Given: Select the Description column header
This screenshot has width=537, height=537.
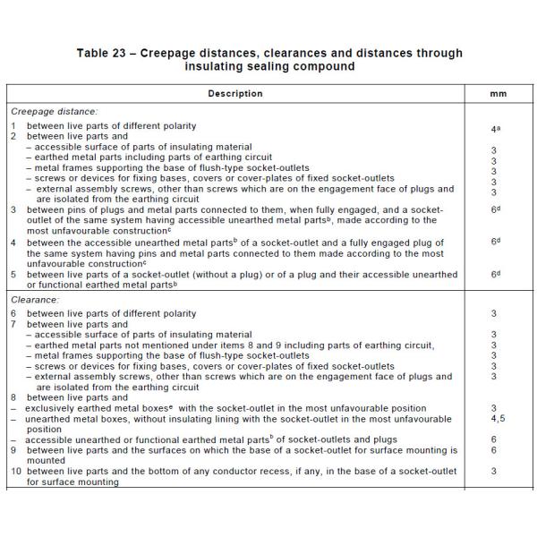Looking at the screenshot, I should pyautogui.click(x=235, y=93).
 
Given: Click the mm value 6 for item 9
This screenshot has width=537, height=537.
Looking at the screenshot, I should pyautogui.click(x=494, y=450).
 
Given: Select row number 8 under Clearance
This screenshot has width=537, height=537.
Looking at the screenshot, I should pyautogui.click(x=13, y=396).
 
